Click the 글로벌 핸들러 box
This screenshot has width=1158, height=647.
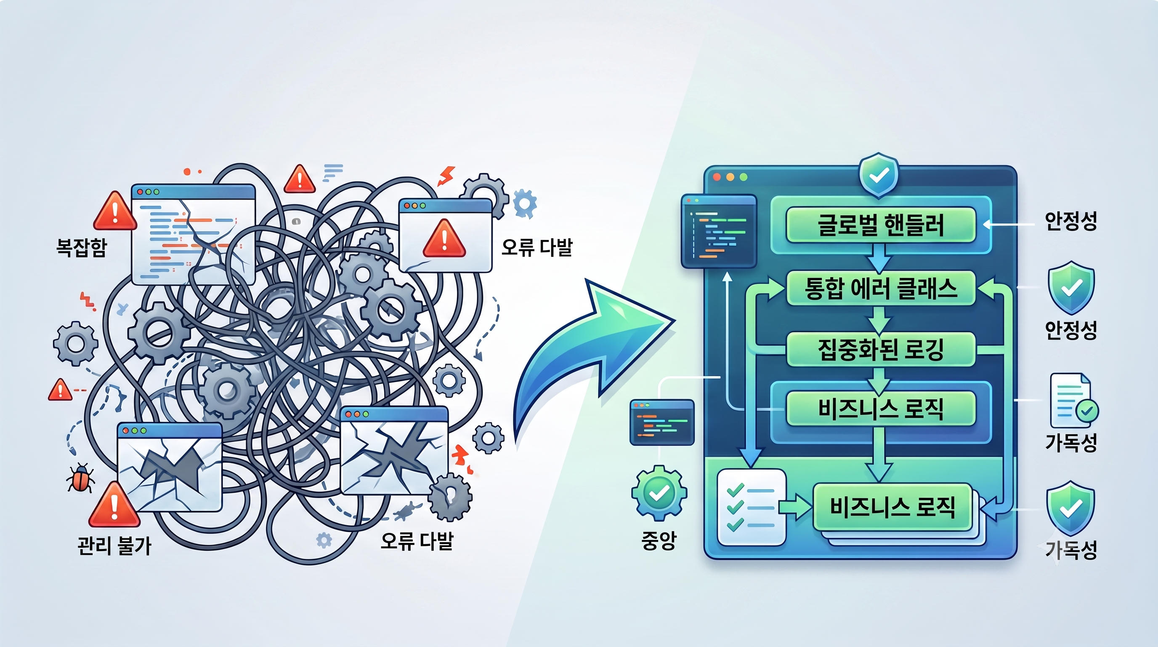click(881, 225)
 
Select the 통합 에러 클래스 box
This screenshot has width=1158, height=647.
click(881, 289)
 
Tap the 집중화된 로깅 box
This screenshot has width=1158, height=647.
click(881, 349)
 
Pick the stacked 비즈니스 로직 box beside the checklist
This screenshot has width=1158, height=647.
click(892, 507)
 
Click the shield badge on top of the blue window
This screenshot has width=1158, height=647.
click(879, 176)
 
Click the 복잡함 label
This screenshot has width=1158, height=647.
click(81, 247)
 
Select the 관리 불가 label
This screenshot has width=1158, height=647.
click(114, 545)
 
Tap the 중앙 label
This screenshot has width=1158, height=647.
click(659, 540)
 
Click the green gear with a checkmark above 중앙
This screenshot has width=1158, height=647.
click(659, 493)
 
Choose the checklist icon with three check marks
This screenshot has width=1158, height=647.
click(752, 507)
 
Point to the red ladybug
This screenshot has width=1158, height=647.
click(80, 478)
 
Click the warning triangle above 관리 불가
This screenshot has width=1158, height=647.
click(114, 504)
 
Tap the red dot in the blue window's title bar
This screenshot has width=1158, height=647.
click(717, 177)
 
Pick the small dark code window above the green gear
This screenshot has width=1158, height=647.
click(662, 422)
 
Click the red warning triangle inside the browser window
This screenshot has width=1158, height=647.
click(444, 238)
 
